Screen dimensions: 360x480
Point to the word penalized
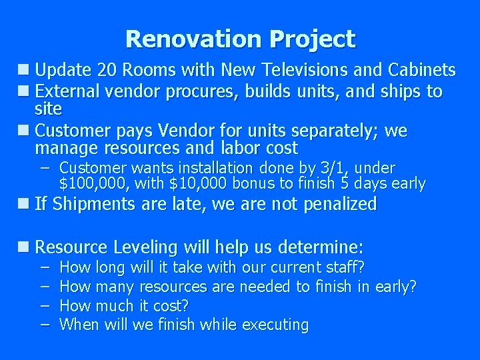tap(340, 204)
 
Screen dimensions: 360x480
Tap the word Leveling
tap(147, 247)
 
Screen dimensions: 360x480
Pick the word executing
tap(275, 325)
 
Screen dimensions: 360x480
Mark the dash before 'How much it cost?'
tap(44, 305)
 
